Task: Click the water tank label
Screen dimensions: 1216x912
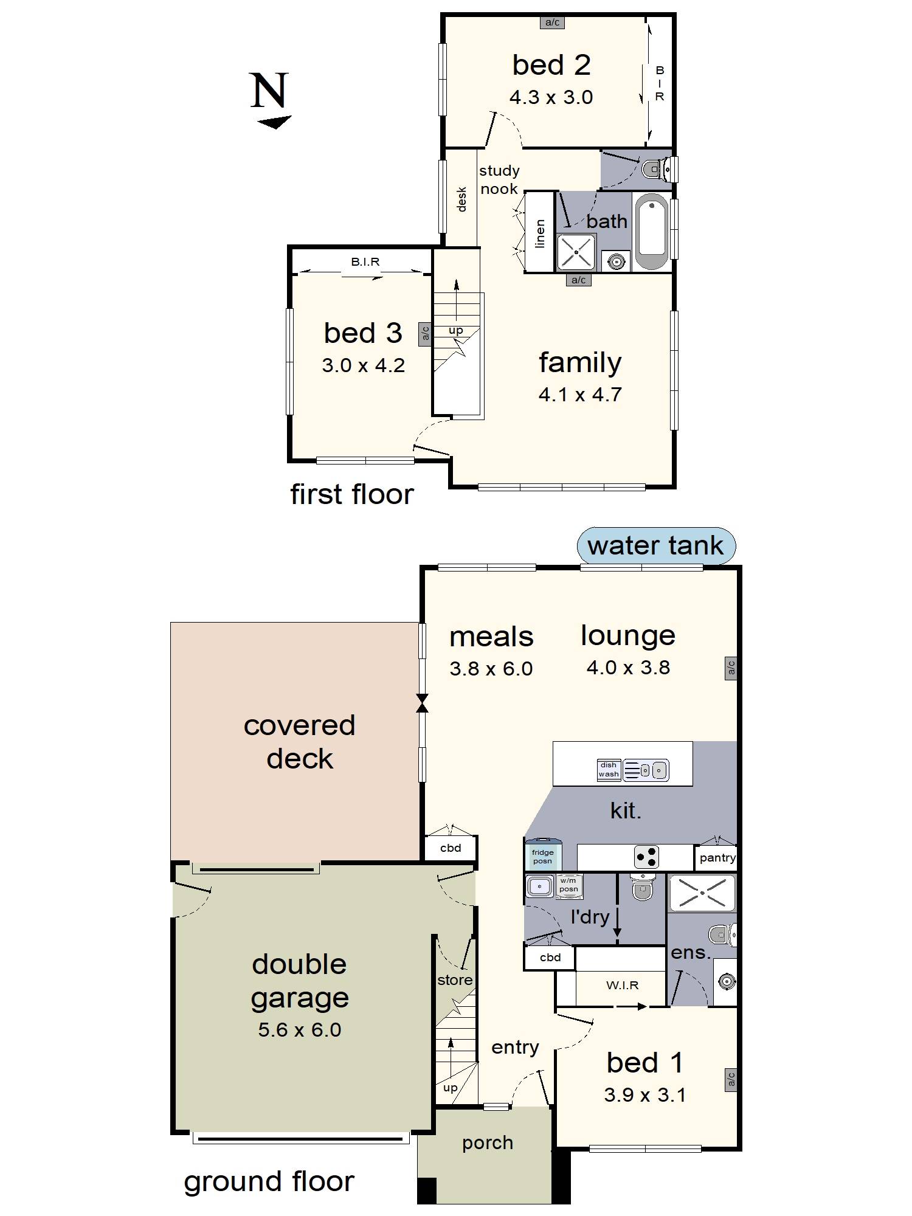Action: click(655, 545)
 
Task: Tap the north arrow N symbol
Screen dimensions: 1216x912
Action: click(269, 92)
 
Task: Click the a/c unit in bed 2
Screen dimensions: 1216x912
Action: click(552, 22)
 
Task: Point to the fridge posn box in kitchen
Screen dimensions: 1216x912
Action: click(542, 856)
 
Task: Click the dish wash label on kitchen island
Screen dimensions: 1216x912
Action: click(608, 770)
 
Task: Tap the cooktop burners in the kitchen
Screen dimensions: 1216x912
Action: click(646, 857)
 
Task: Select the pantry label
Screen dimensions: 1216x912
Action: click(717, 858)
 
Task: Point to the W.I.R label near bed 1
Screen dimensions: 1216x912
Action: click(622, 985)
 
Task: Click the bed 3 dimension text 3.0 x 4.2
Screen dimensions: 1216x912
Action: click(363, 365)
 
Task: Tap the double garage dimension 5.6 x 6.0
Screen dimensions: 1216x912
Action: click(299, 1030)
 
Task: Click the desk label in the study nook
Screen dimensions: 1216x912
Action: click(461, 199)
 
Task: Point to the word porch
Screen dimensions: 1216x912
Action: click(487, 1142)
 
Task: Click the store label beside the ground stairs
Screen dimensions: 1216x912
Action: click(455, 979)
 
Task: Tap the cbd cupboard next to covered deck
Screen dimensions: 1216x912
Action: click(451, 848)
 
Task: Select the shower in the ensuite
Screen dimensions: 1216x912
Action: click(702, 893)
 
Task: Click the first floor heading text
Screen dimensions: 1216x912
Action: click(351, 494)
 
